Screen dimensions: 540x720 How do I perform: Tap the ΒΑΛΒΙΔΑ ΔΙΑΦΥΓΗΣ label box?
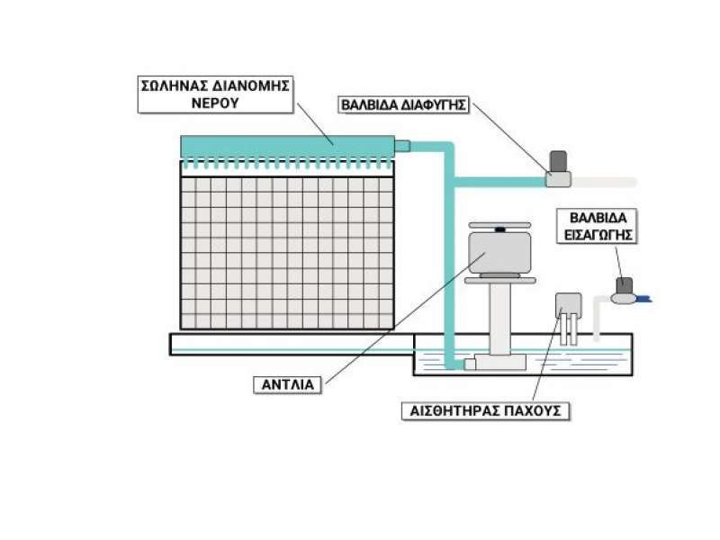pos(404,104)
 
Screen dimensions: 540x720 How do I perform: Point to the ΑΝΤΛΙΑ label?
pos(289,385)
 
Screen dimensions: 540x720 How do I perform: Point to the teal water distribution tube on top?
pos(288,146)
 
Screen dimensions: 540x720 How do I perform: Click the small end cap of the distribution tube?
pos(402,145)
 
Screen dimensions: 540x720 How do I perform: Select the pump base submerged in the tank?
pos(498,362)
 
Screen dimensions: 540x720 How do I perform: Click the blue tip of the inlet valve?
pos(644,298)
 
